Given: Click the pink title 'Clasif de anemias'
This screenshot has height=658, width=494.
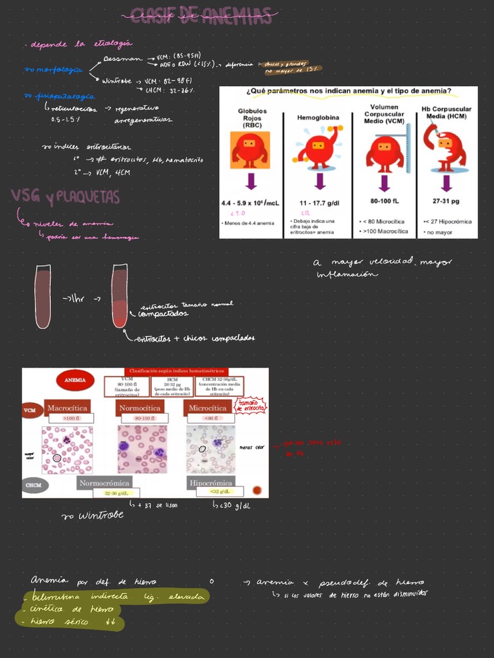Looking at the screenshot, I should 201,16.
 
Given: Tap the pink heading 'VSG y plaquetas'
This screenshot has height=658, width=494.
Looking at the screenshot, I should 64,197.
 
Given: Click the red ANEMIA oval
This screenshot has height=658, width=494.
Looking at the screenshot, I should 75,380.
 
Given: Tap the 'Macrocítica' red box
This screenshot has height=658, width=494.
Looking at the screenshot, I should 68,407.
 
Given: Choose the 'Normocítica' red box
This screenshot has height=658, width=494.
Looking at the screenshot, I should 140,407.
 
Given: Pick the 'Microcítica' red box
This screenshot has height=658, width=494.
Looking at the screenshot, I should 207,407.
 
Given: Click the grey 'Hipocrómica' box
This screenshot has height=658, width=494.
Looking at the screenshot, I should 210,482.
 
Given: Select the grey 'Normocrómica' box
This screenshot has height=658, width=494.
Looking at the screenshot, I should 104,482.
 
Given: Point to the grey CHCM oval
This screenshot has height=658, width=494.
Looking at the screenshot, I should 34,485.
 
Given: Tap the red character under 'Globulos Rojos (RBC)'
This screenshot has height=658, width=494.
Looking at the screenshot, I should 250,150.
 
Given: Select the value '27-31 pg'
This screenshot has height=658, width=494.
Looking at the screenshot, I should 446,200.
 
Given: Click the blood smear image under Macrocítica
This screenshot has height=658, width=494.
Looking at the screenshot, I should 67,449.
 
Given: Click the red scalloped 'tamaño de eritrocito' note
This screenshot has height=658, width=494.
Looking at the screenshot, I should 251,405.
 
